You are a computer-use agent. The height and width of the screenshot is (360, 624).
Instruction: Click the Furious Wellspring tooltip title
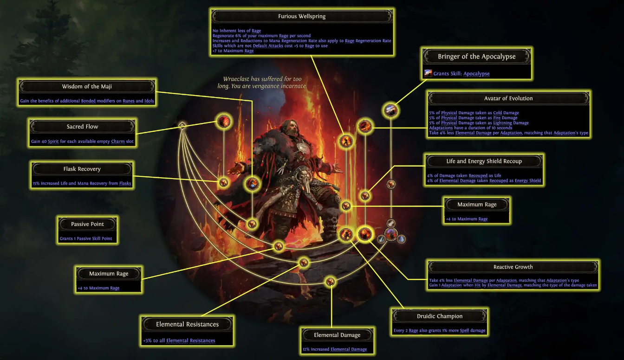coord(302,17)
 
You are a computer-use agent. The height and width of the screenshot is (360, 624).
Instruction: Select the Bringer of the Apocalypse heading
coord(476,57)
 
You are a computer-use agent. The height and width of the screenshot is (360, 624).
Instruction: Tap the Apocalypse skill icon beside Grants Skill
coord(428,73)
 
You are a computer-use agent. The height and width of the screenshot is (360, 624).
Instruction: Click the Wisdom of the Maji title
coord(87,87)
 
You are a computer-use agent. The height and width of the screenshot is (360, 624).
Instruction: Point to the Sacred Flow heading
coord(82,127)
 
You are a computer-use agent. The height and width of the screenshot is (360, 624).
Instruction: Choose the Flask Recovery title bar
coord(82,169)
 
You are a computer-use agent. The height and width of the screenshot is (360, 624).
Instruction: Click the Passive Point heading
coord(87,225)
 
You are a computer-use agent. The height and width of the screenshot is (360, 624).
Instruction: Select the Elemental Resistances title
coord(187,324)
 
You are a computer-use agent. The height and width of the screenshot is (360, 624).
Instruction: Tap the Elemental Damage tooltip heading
coord(337,335)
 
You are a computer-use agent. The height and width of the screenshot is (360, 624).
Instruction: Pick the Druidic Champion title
coord(440,316)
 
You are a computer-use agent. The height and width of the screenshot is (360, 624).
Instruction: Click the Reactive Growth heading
coord(513,267)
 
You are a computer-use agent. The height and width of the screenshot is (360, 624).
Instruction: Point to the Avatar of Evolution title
coord(508,99)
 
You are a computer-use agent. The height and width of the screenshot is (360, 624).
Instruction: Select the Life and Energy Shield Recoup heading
coord(484,161)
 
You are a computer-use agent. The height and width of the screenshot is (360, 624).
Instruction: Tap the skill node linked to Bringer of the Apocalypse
coord(391,110)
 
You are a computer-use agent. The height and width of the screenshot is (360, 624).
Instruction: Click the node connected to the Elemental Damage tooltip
coord(331,281)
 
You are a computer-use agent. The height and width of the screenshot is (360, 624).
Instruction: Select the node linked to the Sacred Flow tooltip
coord(224,122)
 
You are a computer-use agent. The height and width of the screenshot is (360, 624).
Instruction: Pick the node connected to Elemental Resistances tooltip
coord(304,263)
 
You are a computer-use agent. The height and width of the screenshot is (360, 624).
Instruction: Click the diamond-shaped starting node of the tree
coord(182,125)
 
